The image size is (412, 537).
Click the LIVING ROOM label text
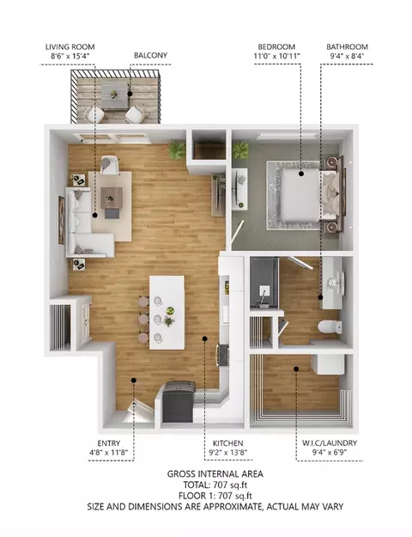pyautogui.click(x=70, y=47)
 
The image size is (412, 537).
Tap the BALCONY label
pyautogui.click(x=150, y=55)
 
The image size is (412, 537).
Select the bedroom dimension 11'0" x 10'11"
pyautogui.click(x=277, y=56)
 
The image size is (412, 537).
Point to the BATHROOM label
pyautogui.click(x=347, y=47)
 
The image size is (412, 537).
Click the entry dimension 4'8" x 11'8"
pyautogui.click(x=109, y=453)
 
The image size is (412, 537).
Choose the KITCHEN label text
pyautogui.click(x=228, y=443)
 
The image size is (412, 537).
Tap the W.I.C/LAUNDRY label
pyautogui.click(x=330, y=442)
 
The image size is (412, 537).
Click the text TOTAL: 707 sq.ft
pyautogui.click(x=215, y=485)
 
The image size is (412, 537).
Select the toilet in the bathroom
pyautogui.click(x=330, y=326)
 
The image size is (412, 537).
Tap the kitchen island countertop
pyautogui.click(x=167, y=313)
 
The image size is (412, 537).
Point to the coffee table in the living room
pyautogui.click(x=112, y=198)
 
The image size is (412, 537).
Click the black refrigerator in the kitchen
pyautogui.click(x=179, y=402)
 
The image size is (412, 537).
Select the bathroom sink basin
pyautogui.click(x=334, y=282)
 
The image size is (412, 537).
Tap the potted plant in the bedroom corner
pyautogui.click(x=241, y=150)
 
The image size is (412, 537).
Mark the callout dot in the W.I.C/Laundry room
pyautogui.click(x=296, y=369)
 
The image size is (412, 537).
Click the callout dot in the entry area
pyautogui.click(x=134, y=380)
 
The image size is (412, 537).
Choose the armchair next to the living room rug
pyautogui.click(x=111, y=165)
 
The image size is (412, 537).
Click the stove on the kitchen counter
pyautogui.click(x=223, y=355)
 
